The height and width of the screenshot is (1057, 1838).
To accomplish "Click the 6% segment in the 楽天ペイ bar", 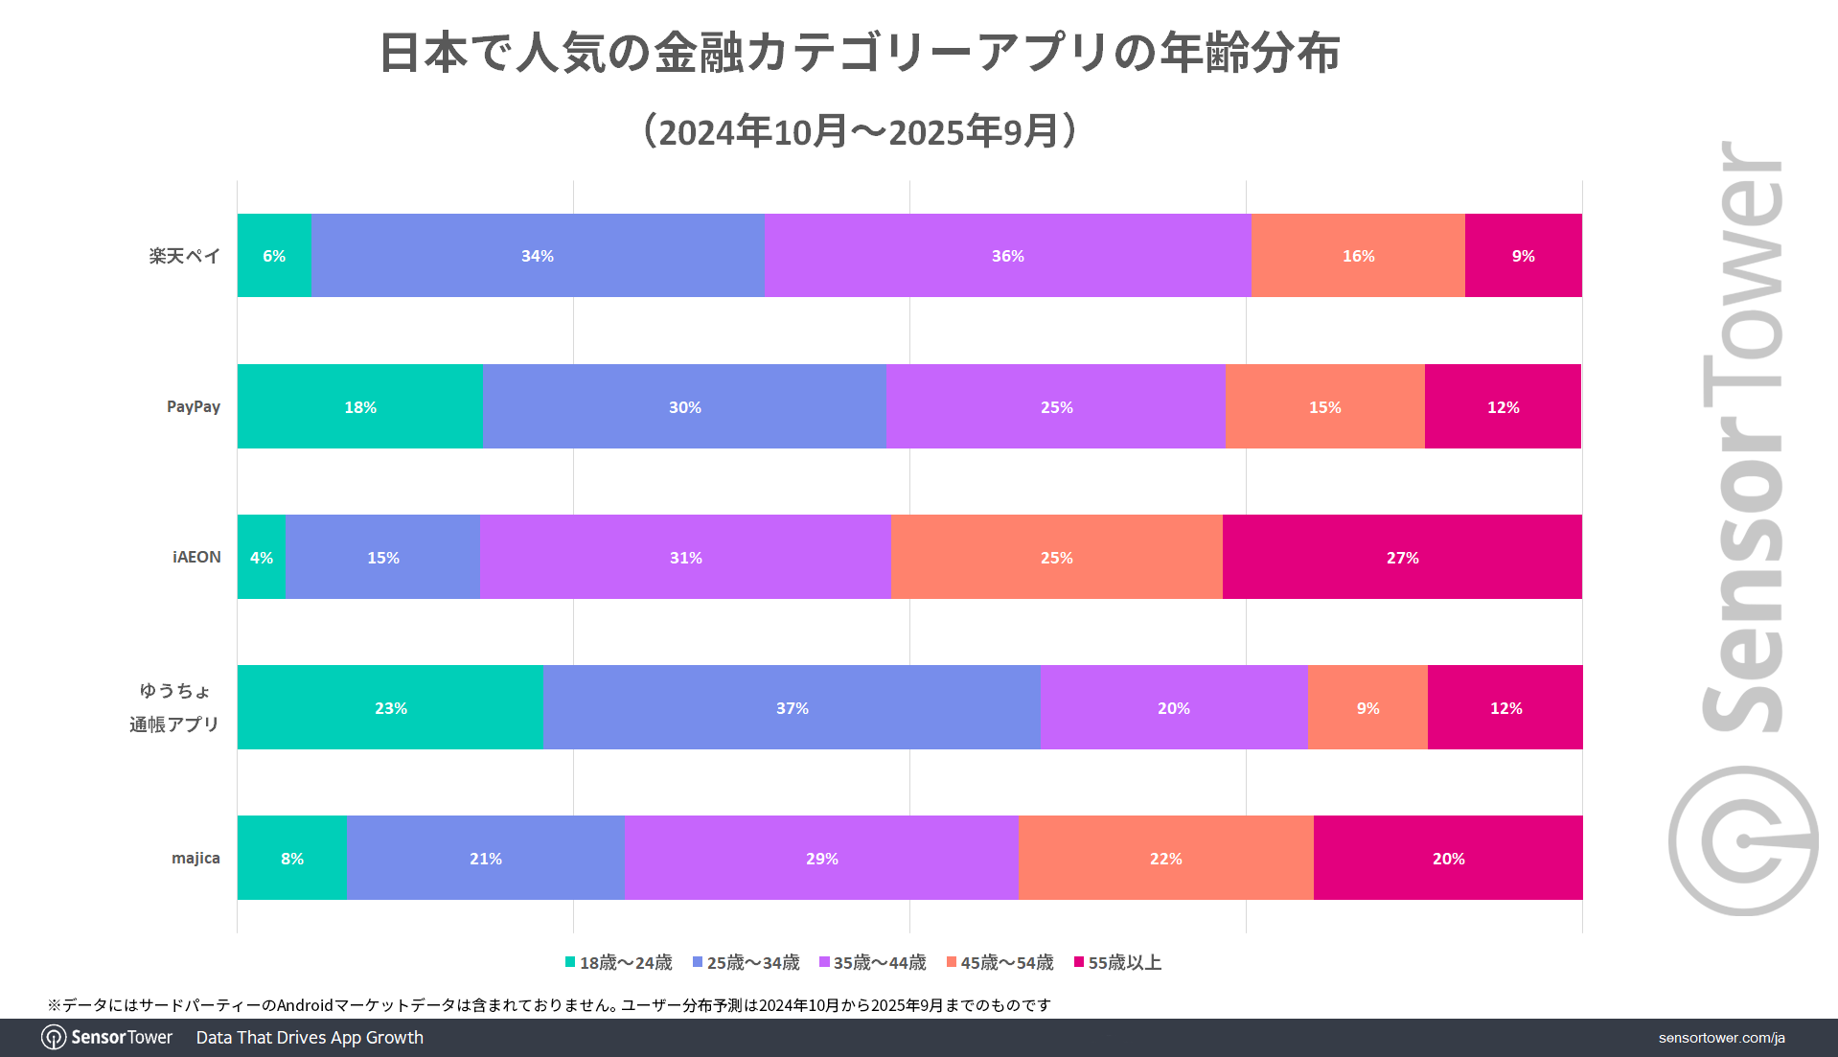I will pos(274,256).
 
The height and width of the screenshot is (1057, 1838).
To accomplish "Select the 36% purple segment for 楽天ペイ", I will pos(1007,256).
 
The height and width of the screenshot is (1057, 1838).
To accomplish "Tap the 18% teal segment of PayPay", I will pos(360,407).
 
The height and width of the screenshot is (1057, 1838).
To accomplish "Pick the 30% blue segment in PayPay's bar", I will pos(684,407).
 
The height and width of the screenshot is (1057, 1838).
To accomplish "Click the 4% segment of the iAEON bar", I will pos(262,558).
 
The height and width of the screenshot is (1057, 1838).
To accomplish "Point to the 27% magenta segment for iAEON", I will pos(1402,558).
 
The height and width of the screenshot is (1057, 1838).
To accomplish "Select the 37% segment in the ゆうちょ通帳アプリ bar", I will pos(792,708).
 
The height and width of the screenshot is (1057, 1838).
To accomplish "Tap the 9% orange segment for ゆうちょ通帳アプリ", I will pos(1367,708).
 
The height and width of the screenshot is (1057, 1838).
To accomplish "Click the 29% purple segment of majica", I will pos(821,859).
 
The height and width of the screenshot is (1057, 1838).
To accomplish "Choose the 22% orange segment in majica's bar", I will pos(1165,859).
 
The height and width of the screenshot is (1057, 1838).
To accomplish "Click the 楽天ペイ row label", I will pos(184,256).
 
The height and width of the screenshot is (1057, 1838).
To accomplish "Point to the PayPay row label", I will pos(194,406).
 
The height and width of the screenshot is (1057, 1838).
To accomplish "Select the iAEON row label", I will pos(196,557).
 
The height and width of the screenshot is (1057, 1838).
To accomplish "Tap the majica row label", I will pos(195,858).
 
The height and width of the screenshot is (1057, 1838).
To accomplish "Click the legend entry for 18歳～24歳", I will pos(619,962).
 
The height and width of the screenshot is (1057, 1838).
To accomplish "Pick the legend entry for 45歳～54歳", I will pos(999,962).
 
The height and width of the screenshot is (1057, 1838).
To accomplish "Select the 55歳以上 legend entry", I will pos(1117,962).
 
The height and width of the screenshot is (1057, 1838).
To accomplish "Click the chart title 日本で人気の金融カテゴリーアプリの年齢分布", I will pos(860,52).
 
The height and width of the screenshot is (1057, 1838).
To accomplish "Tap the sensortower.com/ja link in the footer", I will pos(1721,1038).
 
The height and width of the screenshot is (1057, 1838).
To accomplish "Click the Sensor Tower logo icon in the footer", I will pos(54,1038).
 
